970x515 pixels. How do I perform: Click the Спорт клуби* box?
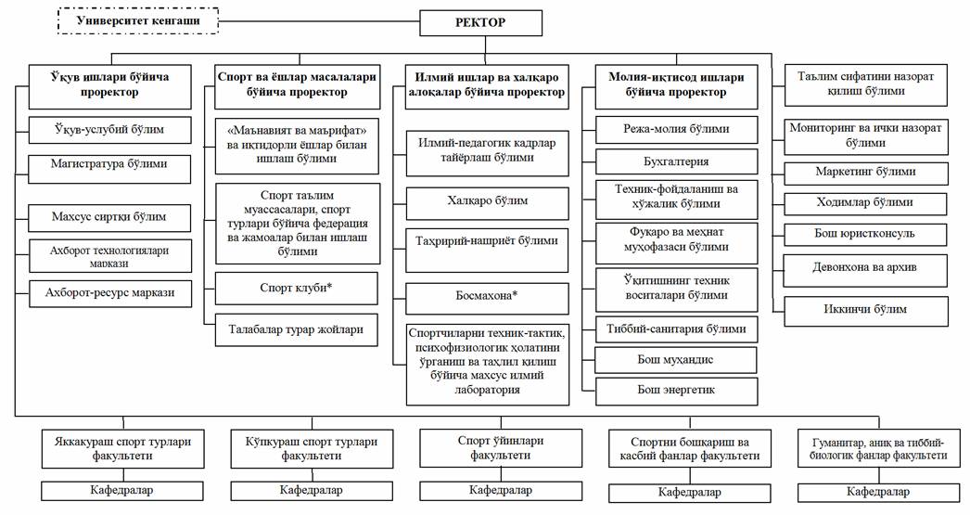(298, 288)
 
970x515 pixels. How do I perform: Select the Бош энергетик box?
(675, 390)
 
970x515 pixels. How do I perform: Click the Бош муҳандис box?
(675, 360)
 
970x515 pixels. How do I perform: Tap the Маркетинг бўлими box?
(865, 172)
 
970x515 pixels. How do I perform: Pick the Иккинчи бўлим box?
(865, 309)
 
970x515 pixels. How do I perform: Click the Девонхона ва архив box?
(865, 270)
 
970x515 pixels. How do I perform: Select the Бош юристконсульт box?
(865, 232)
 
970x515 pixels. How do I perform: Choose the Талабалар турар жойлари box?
(298, 328)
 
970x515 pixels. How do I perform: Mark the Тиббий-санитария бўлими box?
(675, 329)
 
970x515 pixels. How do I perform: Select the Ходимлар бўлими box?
(865, 201)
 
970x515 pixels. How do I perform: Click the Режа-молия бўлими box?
(675, 130)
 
